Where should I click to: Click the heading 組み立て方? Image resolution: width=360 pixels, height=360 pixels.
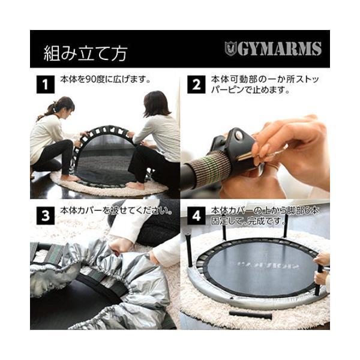click(85, 53)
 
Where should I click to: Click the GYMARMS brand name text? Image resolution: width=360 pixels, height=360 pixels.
click(280, 49)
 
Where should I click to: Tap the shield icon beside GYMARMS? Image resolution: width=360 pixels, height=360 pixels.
click(230, 49)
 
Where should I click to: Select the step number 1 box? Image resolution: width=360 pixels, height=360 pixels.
click(46, 84)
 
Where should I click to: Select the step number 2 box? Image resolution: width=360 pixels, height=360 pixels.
click(196, 84)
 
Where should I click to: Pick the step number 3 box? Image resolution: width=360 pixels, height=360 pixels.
click(46, 215)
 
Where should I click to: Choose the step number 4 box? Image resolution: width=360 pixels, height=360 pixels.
click(196, 215)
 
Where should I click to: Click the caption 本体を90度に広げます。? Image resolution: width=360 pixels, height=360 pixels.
click(106, 79)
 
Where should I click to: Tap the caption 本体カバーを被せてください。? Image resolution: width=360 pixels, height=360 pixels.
click(116, 211)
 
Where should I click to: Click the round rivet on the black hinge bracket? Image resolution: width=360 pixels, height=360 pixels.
click(239, 136)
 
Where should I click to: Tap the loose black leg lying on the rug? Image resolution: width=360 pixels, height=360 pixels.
click(250, 316)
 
